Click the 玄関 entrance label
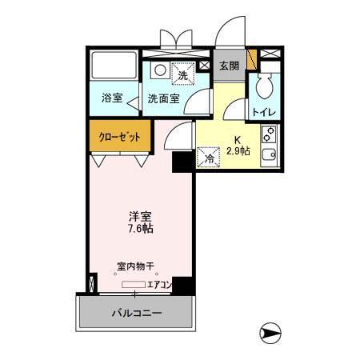[230, 66]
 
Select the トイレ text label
[264, 112]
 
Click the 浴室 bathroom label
[112, 98]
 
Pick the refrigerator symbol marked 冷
[208, 158]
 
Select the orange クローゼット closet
[119, 136]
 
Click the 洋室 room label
[140, 216]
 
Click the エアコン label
[160, 284]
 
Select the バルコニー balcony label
[135, 313]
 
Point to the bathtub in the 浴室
[112, 70]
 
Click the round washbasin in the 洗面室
[159, 70]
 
